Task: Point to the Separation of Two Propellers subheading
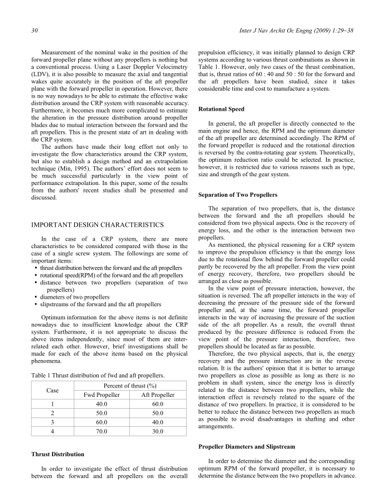coord(237,195)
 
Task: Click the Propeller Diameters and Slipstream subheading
coord(250,448)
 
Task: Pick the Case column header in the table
coord(53,389)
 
